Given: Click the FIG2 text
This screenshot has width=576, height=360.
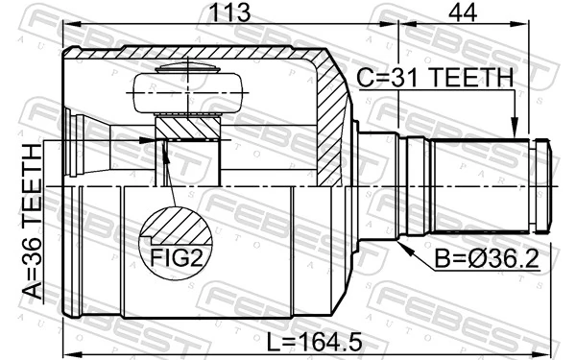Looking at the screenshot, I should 176,257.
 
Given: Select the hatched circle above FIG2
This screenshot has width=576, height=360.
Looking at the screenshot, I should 176,227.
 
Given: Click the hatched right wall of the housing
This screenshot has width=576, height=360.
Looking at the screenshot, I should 333,125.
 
